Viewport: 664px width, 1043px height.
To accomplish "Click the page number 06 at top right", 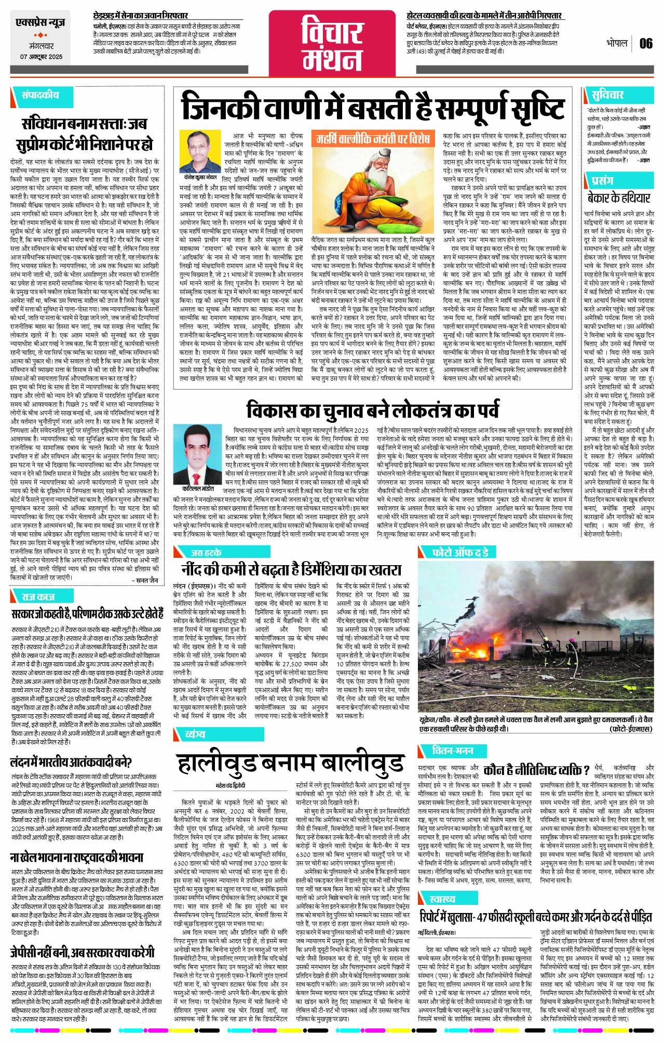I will coord(646,43).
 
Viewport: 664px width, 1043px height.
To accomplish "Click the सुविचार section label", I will coord(607,95).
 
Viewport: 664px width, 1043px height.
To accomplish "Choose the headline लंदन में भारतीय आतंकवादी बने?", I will coord(71,763).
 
